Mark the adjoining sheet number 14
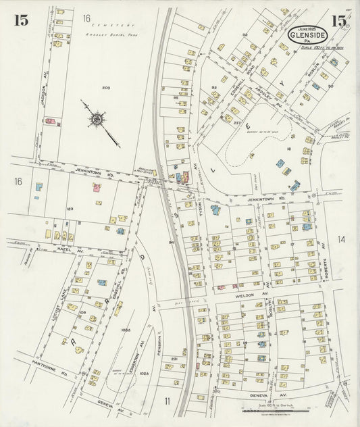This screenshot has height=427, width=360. (342, 238)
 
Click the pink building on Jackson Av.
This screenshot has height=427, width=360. (50, 122)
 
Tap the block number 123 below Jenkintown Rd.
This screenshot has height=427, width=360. (69, 209)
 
